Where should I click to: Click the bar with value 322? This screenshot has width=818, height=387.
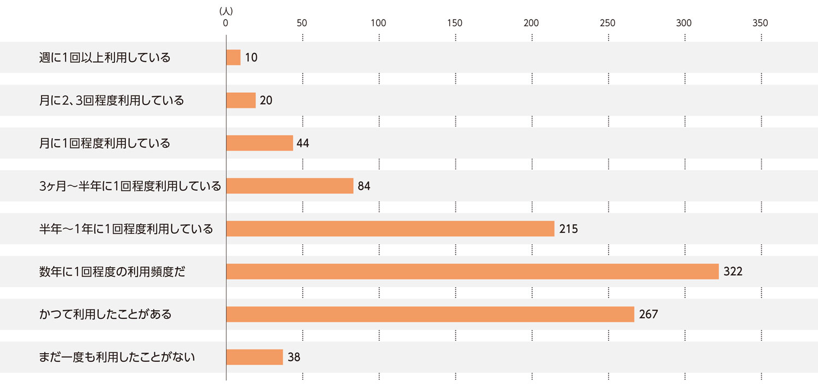pyautogui.click(x=472, y=271)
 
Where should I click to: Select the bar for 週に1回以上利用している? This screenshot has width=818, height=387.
pyautogui.click(x=233, y=57)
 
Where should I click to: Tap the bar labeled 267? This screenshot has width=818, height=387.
pyautogui.click(x=430, y=315)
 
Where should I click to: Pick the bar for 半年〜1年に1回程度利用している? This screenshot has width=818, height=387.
pyautogui.click(x=390, y=229)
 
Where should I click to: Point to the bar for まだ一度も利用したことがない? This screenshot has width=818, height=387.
pyautogui.click(x=255, y=357)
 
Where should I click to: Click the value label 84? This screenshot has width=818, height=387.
pyautogui.click(x=364, y=186)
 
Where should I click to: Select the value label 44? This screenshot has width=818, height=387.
pyautogui.click(x=303, y=143)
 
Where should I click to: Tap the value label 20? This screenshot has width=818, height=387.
pyautogui.click(x=266, y=101)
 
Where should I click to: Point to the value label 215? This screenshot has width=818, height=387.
pyautogui.click(x=568, y=229)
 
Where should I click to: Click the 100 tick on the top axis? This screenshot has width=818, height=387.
pyautogui.click(x=378, y=23)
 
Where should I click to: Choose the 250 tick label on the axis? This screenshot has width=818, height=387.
pyautogui.click(x=608, y=23)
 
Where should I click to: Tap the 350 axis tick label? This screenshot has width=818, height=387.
pyautogui.click(x=760, y=23)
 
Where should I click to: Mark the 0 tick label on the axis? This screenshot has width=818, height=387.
pyautogui.click(x=226, y=23)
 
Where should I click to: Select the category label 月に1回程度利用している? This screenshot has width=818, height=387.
pyautogui.click(x=105, y=143)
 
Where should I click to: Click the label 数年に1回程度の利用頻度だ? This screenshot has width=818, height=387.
pyautogui.click(x=112, y=271)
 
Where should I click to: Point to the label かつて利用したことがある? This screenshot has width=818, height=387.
pyautogui.click(x=105, y=315)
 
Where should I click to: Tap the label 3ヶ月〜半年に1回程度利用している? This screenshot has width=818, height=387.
pyautogui.click(x=130, y=186)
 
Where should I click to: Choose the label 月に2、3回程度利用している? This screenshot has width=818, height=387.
pyautogui.click(x=111, y=101)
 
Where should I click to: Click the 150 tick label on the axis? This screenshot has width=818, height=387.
pyautogui.click(x=455, y=23)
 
